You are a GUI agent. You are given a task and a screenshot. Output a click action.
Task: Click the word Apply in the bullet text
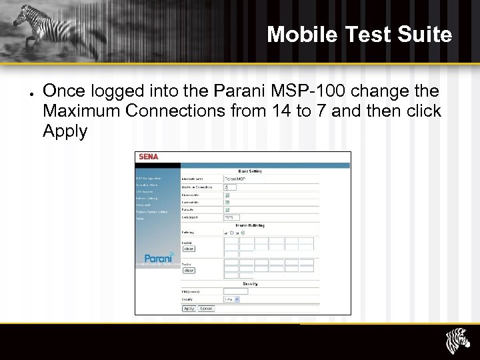click(65, 131)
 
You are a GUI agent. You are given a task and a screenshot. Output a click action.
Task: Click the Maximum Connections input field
click(230, 187)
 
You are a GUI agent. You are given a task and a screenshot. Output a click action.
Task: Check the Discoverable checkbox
click(227, 195)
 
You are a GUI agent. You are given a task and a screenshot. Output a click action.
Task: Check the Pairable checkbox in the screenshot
click(227, 210)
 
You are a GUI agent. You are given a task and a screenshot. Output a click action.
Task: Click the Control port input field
click(231, 217)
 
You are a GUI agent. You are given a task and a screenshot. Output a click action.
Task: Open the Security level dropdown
click(231, 299)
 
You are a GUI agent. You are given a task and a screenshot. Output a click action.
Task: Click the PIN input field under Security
click(235, 291)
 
